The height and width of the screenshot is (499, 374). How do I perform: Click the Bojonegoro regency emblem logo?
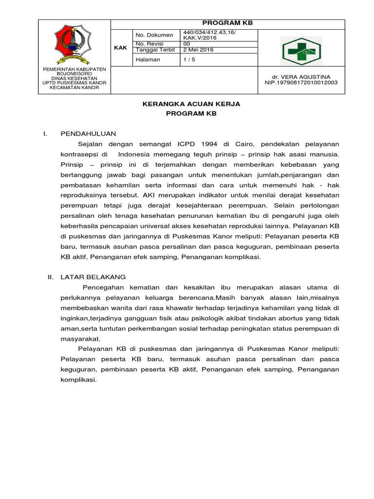tap(75, 44)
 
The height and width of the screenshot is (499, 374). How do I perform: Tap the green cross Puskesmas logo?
tap(300, 49)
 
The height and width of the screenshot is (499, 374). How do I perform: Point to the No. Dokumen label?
tap(154, 35)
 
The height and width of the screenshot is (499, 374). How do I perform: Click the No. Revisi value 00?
tap(187, 43)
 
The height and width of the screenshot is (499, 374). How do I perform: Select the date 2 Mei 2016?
tap(199, 50)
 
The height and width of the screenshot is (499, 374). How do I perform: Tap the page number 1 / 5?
tap(187, 59)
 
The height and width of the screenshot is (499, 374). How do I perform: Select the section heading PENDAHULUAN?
tap(88, 134)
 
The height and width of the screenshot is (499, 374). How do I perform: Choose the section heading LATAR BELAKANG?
tap(93, 277)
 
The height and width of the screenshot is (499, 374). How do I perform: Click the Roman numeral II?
tap(50, 277)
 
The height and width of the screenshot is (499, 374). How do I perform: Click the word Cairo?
tap(243, 144)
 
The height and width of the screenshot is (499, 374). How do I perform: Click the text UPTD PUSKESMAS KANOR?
tap(75, 83)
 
